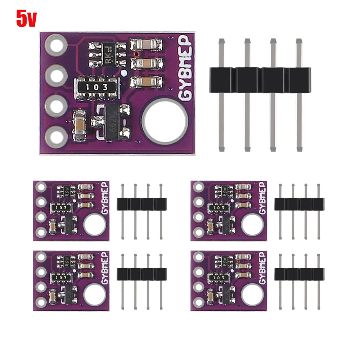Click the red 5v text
click(x=26, y=18)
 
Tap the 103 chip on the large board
click(x=97, y=87)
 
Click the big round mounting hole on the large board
click(x=165, y=120)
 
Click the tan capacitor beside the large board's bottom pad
click(x=79, y=125)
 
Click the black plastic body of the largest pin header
click(x=260, y=80)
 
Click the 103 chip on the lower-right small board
click(x=219, y=278)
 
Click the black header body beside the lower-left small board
click(x=142, y=274)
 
